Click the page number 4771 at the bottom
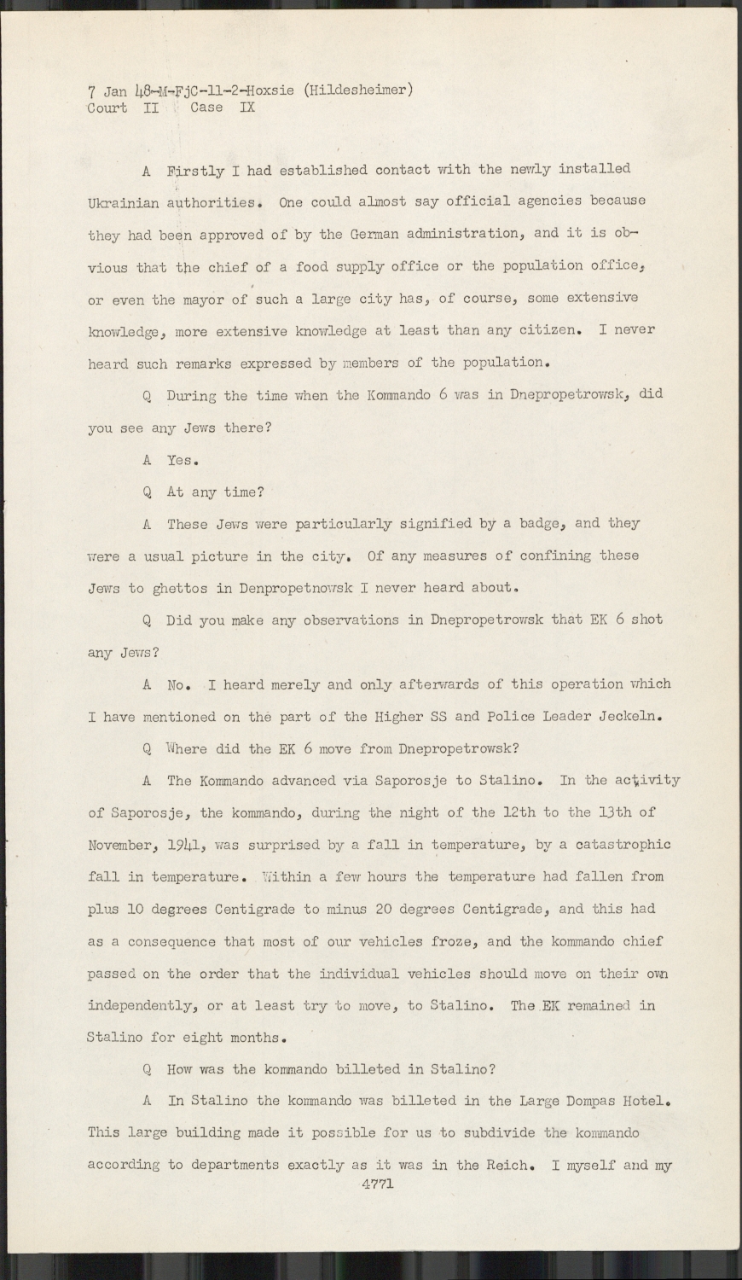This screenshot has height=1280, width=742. [376, 1184]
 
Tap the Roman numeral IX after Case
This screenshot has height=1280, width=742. [246, 108]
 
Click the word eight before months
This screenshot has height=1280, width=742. [202, 1038]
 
